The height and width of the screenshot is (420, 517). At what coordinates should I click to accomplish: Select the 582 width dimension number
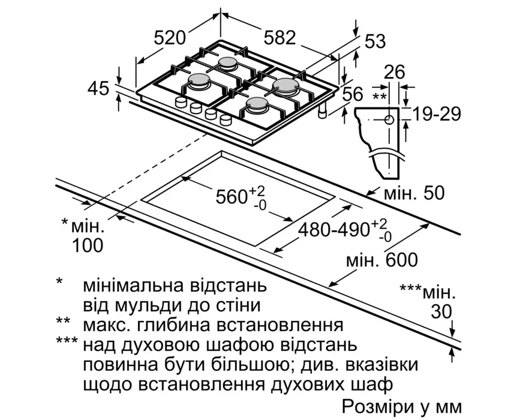(x=279, y=38)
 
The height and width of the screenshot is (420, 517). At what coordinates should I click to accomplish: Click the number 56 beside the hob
(x=353, y=94)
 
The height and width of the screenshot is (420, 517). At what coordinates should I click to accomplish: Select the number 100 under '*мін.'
(x=88, y=245)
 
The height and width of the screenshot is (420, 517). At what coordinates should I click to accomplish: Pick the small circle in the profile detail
(x=389, y=119)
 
